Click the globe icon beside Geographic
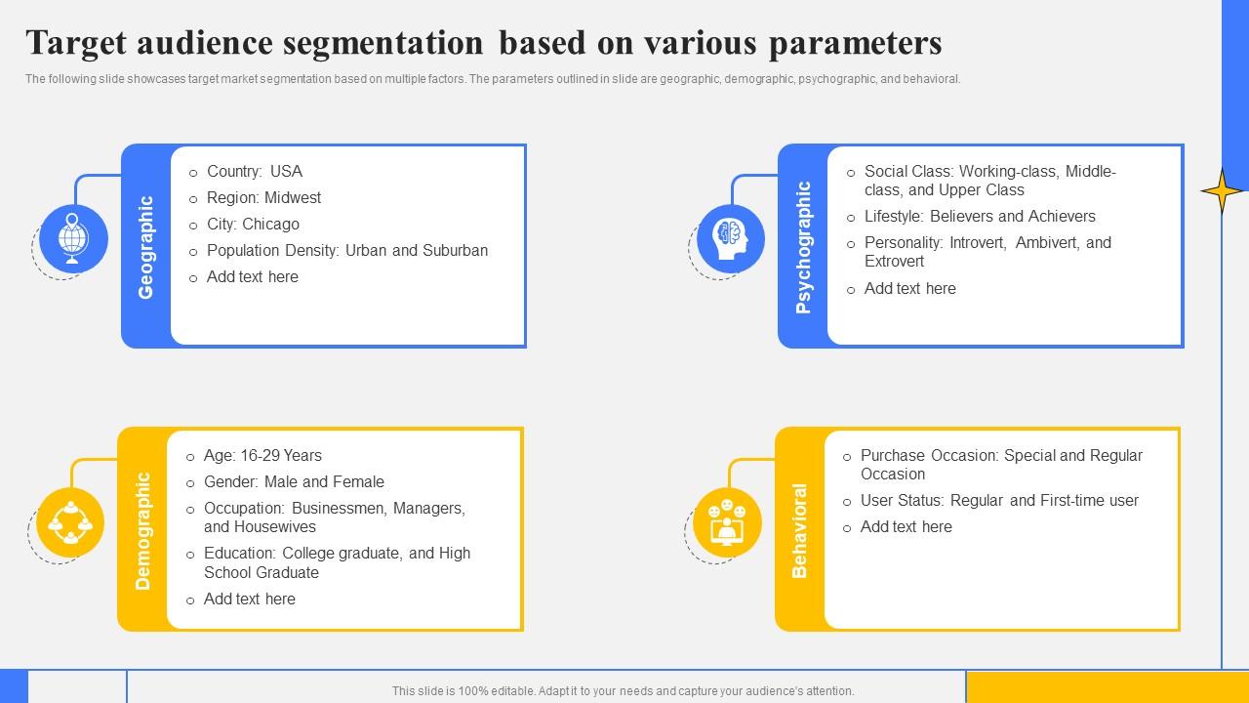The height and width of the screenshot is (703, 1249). pyautogui.click(x=72, y=237)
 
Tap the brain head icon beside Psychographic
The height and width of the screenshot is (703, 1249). pyautogui.click(x=730, y=237)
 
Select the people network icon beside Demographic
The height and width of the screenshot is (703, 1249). pyautogui.click(x=69, y=521)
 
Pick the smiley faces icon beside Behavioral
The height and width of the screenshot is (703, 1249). pyautogui.click(x=727, y=521)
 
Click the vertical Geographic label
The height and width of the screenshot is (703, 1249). pyautogui.click(x=146, y=246)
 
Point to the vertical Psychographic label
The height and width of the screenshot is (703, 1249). pyautogui.click(x=803, y=246)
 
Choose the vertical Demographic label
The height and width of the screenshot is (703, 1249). pyautogui.click(x=143, y=530)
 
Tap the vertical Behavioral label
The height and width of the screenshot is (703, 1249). pyautogui.click(x=800, y=530)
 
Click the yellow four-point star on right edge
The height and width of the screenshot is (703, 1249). pyautogui.click(x=1222, y=190)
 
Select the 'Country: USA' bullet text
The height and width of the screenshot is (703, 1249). pyautogui.click(x=255, y=172)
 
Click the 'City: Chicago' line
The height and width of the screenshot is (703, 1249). pyautogui.click(x=253, y=225)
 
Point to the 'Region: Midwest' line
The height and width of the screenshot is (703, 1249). pyautogui.click(x=263, y=198)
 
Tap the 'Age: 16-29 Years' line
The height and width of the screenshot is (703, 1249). pyautogui.click(x=262, y=456)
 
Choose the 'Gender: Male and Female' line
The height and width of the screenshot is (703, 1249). pyautogui.click(x=294, y=482)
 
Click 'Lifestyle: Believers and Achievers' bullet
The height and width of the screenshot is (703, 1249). pyautogui.click(x=980, y=217)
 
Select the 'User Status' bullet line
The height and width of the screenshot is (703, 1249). pyautogui.click(x=999, y=501)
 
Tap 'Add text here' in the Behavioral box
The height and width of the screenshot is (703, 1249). pyautogui.click(x=906, y=527)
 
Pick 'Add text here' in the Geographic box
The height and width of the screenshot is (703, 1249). pyautogui.click(x=252, y=277)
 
